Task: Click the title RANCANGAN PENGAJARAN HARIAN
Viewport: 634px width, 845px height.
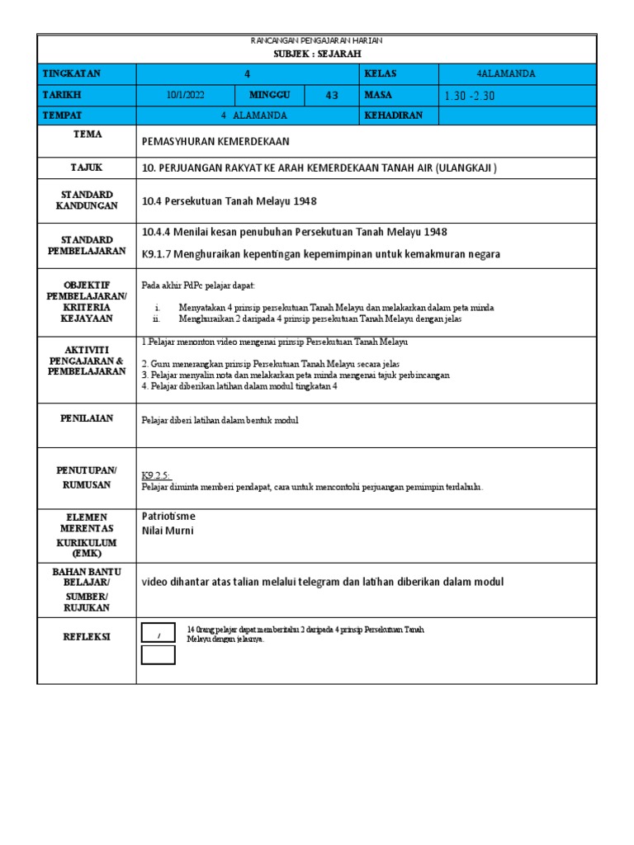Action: coord(316,40)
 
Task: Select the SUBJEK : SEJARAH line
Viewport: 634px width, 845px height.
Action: coord(316,52)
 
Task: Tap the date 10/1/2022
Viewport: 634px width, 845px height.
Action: coord(185,95)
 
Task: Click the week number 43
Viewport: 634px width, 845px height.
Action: coord(332,95)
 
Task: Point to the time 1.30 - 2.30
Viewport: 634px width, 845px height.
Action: coord(470,96)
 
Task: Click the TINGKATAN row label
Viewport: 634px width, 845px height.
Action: coord(73,73)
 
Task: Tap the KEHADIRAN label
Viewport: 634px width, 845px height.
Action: coord(393,116)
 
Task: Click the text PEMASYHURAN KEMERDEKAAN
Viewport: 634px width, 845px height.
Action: coord(215,142)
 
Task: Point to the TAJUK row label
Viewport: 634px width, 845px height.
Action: coord(86,168)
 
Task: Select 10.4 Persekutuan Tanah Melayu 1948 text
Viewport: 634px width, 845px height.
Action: coord(229,201)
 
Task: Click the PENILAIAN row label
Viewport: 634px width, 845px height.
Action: coord(86,418)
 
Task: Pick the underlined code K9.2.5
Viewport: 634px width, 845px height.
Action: coord(154,476)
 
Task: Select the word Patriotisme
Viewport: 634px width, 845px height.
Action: coord(168,517)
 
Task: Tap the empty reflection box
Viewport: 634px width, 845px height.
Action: coord(158,655)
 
